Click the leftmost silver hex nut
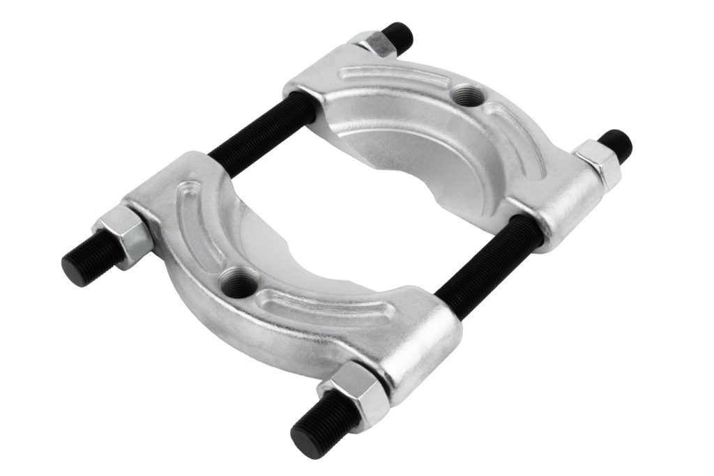pyautogui.click(x=124, y=234)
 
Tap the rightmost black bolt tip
pyautogui.click(x=617, y=144)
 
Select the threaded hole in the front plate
pyautogui.click(x=236, y=282)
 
